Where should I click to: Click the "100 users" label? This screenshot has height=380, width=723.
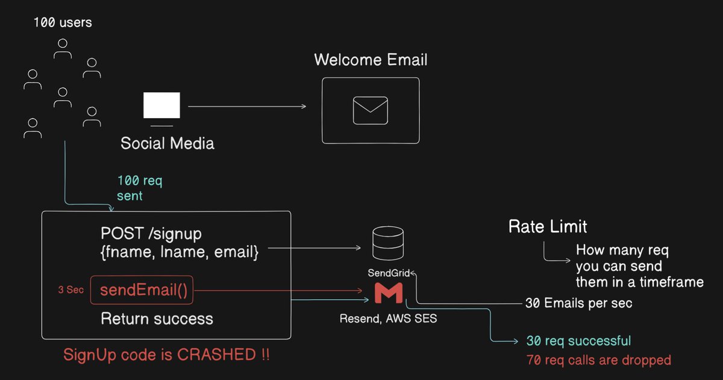tap(63, 24)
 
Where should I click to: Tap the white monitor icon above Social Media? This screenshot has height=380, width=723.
tap(161, 106)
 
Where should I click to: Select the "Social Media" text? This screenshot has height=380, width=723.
tap(167, 144)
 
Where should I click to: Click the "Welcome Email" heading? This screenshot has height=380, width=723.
tap(371, 60)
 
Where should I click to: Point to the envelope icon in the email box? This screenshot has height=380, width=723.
tap(370, 110)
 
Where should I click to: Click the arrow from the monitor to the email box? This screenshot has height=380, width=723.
tap(247, 107)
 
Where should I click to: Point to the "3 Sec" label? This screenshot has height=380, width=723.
tap(70, 290)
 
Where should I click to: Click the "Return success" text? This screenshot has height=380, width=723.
tap(157, 318)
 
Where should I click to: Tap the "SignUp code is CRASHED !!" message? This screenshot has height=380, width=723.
tap(166, 355)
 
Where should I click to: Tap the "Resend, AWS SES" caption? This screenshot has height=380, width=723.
tap(387, 318)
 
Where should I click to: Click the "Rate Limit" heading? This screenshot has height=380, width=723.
tap(548, 227)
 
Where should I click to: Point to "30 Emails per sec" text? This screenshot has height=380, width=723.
tap(579, 303)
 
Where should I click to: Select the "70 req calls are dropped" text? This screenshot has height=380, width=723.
tap(598, 360)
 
